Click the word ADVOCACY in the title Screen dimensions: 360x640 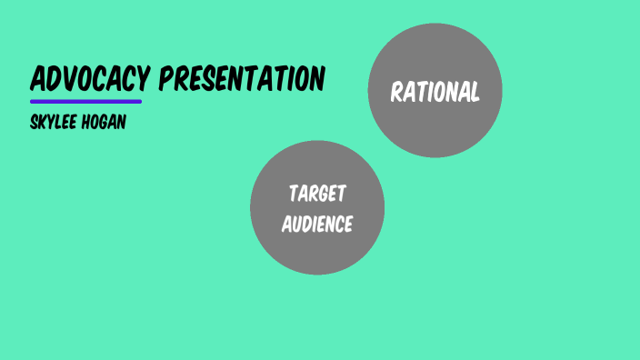coord(89,79)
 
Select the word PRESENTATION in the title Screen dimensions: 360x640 coord(242,79)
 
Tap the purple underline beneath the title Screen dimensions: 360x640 coord(85,101)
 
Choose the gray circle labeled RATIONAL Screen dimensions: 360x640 coord(435,91)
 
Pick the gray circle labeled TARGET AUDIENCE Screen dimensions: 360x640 coord(317,208)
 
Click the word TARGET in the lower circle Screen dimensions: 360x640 coord(317,194)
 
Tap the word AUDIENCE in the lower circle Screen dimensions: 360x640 coord(316,224)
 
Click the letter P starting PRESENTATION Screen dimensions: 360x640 coord(166,79)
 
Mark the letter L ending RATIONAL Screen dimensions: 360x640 coord(474,92)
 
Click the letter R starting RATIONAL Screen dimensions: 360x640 coord(396,92)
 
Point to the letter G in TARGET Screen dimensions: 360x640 coord(325,194)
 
